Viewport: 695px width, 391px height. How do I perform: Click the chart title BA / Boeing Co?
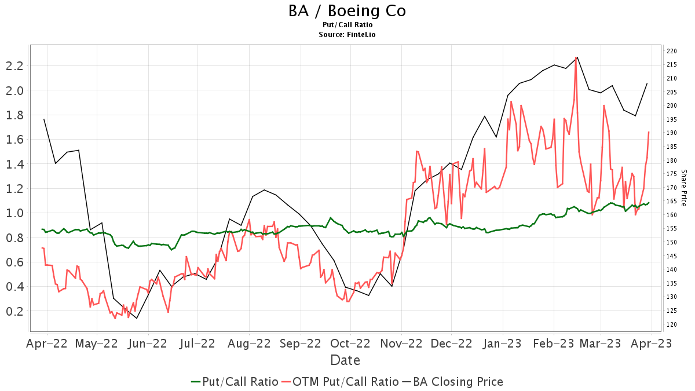347,11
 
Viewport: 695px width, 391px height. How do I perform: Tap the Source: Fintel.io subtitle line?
347,35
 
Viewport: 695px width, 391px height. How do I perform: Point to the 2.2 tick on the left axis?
14,65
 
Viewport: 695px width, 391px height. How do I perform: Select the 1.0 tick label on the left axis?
14,213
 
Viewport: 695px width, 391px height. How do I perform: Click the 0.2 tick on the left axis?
14,311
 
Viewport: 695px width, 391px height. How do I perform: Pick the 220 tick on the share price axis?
672,51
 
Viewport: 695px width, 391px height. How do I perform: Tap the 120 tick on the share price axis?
672,324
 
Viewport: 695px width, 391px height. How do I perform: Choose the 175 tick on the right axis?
672,174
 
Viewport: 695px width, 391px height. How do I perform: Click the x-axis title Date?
345,360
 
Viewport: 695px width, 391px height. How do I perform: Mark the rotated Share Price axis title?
683,188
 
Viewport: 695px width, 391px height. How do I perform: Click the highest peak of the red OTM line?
576,57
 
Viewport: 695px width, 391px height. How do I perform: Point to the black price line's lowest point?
137,319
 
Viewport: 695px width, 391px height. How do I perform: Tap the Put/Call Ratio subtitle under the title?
347,25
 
